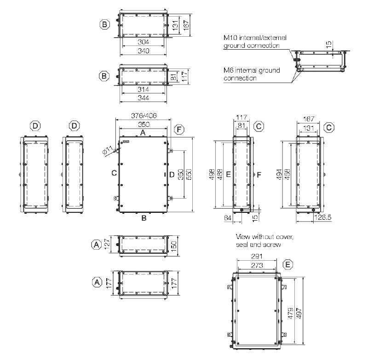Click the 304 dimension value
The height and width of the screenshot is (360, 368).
point(143,42)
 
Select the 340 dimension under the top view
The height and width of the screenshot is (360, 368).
point(143,51)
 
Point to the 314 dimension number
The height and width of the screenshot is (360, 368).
point(143,90)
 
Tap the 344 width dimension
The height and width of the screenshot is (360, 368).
point(143,98)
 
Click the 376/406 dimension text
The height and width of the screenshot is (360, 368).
point(144,115)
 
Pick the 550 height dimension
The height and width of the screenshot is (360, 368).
point(189,174)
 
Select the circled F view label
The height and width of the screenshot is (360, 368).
point(179,130)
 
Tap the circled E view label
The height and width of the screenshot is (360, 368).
point(288,265)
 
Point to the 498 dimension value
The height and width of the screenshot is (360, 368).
point(212,174)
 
